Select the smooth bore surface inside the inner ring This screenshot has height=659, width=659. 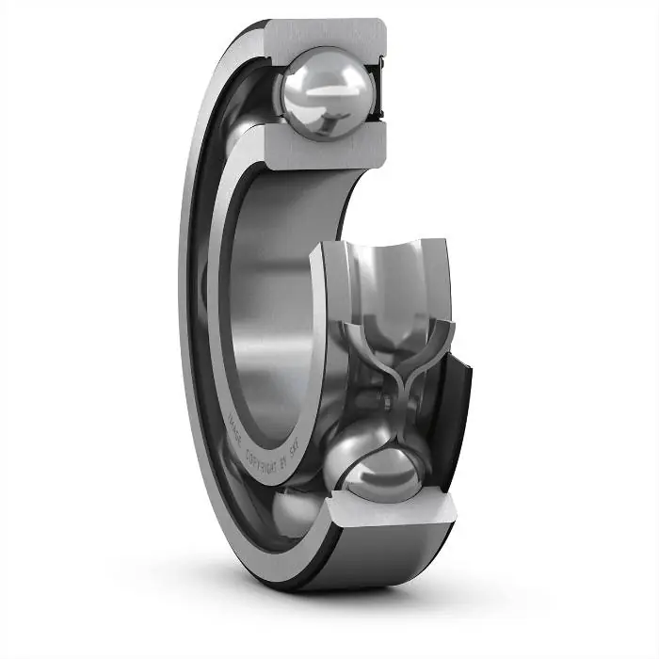click(273, 311)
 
